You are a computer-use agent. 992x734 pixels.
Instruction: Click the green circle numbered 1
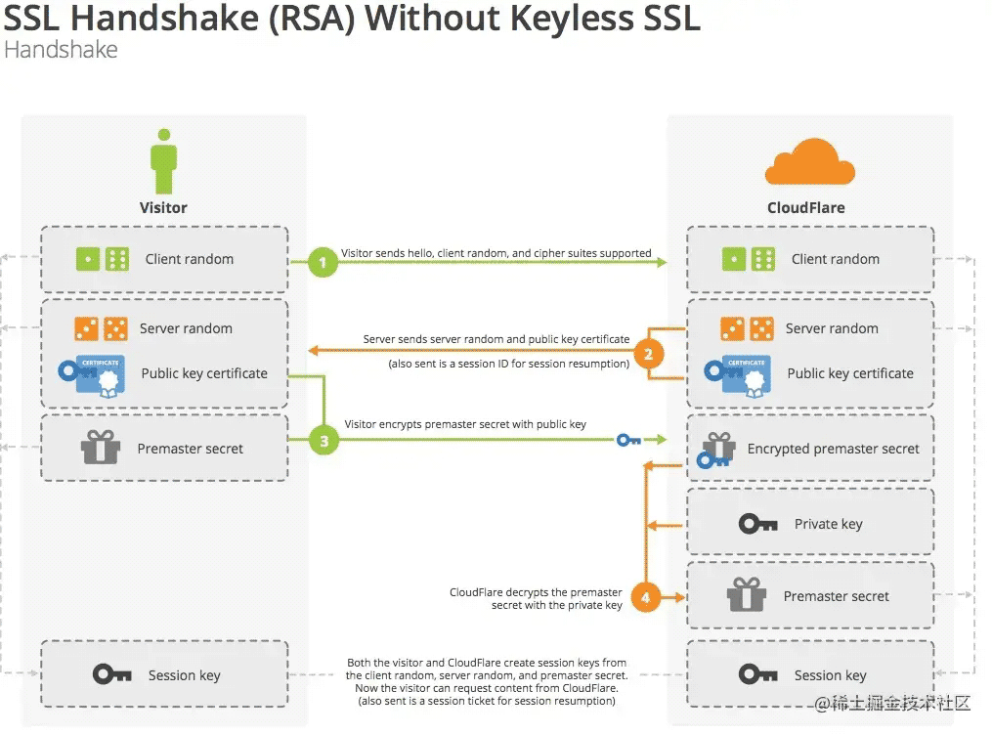323,262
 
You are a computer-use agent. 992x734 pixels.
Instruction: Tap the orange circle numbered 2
649,355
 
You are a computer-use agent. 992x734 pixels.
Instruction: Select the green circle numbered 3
323,441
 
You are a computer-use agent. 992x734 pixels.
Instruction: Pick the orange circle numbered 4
646,597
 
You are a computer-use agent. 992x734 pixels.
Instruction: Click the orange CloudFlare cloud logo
810,162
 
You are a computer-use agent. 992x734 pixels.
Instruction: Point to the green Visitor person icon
164,161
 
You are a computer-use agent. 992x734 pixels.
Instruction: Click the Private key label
828,524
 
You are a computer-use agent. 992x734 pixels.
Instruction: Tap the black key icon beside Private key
757,524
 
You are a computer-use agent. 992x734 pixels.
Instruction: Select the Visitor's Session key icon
112,674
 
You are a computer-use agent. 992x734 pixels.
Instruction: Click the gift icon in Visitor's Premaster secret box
101,448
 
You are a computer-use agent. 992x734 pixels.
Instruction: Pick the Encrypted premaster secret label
833,449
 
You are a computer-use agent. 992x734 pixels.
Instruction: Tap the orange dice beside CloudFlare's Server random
747,329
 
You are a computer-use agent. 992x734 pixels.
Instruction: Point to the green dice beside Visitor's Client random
102,259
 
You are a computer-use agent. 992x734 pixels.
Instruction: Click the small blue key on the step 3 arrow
628,440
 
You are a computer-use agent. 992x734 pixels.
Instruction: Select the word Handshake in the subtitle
61,49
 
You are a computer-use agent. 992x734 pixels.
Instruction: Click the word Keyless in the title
570,18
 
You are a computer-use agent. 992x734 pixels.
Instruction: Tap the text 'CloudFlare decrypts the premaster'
536,592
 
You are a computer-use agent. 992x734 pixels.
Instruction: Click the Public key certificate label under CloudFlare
850,373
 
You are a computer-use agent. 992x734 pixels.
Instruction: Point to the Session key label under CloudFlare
830,675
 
